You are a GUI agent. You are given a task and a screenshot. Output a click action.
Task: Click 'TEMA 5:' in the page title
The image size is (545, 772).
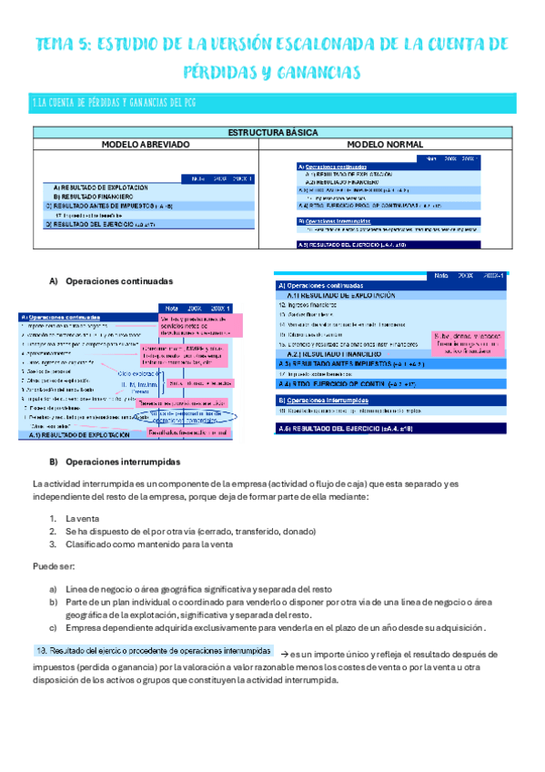(62, 44)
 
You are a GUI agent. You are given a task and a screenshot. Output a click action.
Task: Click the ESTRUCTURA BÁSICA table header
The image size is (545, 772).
(272, 133)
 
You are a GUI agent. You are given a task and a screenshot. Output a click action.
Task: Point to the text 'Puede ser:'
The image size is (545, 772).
(51, 565)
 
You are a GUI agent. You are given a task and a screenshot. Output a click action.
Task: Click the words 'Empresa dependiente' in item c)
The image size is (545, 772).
(106, 627)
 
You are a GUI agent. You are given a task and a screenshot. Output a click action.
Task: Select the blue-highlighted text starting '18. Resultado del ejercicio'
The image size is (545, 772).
(152, 652)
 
